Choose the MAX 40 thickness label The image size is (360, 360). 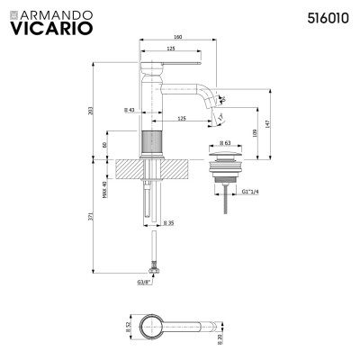click(104, 191)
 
